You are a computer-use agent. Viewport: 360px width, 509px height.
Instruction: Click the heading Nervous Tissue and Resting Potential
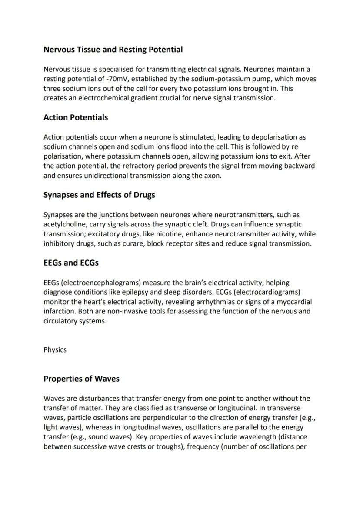click(x=113, y=50)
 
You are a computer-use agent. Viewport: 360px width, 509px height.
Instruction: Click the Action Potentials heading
click(x=76, y=117)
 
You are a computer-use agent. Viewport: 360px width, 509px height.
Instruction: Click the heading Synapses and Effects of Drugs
click(x=99, y=195)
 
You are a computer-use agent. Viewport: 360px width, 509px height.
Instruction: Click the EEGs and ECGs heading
click(x=71, y=263)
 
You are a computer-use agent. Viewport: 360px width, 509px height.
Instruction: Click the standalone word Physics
click(x=55, y=350)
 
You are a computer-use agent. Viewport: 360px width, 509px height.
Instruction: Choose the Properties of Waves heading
click(x=81, y=379)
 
